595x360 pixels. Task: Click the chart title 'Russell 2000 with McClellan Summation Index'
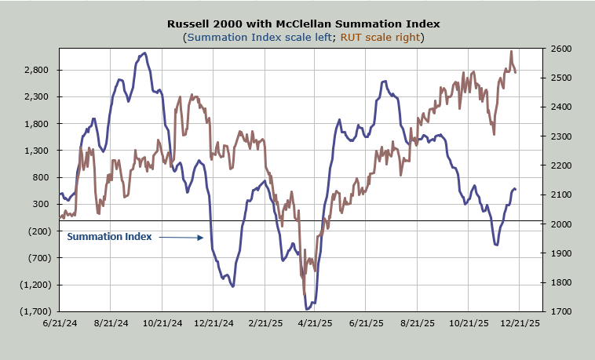(297, 24)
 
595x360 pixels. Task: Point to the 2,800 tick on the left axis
(36, 70)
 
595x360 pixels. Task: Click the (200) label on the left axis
(36, 231)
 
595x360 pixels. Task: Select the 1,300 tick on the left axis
(36, 151)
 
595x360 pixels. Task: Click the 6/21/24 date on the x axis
(59, 322)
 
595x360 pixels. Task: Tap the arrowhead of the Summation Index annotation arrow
(203, 238)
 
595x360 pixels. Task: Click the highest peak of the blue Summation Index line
(144, 53)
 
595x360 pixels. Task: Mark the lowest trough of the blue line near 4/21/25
(307, 310)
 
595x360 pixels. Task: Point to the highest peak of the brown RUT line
(511, 52)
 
